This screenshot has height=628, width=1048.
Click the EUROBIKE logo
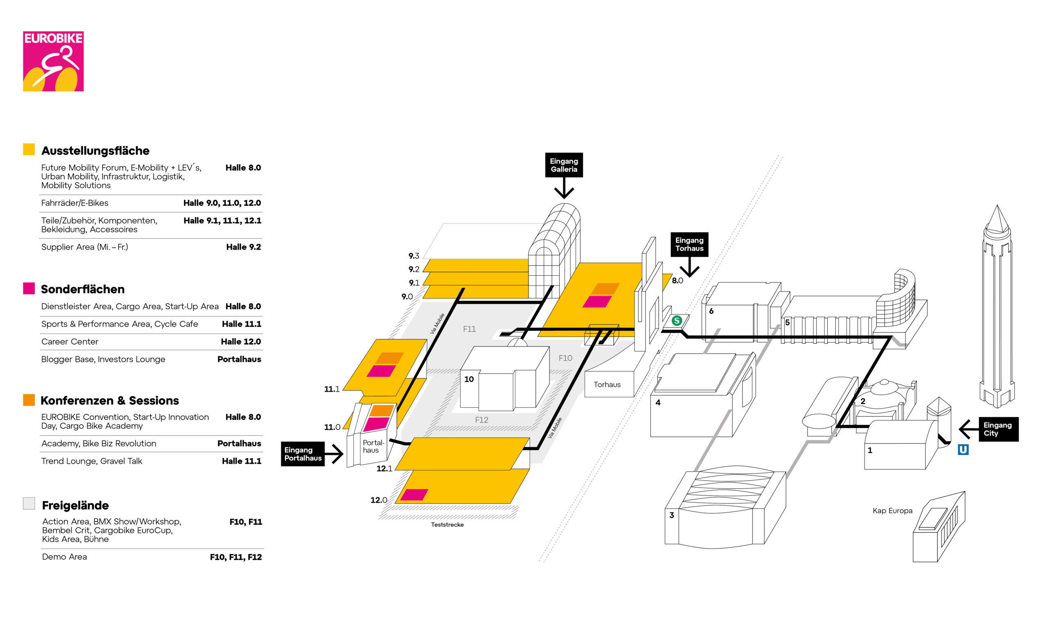[53, 61]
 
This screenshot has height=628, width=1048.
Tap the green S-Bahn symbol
[677, 321]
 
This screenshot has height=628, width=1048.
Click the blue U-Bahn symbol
[963, 450]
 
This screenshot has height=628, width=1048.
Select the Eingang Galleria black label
[564, 165]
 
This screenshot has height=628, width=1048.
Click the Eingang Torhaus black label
[689, 244]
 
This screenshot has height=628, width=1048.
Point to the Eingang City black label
[998, 429]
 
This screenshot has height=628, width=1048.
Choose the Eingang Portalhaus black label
[303, 454]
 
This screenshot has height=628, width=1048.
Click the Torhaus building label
[607, 384]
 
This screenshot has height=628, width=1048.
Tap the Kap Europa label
[892, 511]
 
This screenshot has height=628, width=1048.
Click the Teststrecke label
[447, 524]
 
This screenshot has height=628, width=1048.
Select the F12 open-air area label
[481, 420]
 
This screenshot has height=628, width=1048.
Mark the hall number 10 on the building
[469, 379]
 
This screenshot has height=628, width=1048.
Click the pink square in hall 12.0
[414, 494]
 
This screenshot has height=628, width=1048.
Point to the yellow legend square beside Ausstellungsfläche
[29, 149]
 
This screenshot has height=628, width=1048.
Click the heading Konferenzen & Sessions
[110, 400]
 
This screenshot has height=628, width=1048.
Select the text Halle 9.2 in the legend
[243, 247]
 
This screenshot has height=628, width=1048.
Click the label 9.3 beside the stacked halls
[413, 255]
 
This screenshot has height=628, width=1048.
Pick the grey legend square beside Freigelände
[29, 503]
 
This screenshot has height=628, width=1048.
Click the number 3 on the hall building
[671, 515]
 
